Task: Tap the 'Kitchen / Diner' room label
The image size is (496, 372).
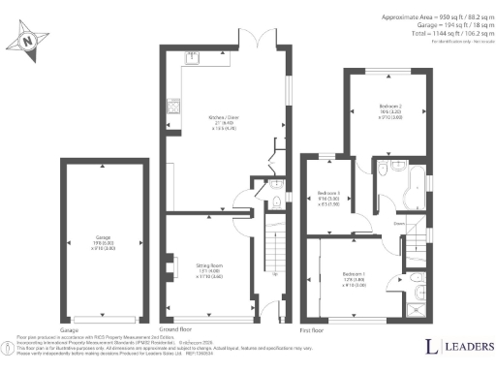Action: (x=225, y=120)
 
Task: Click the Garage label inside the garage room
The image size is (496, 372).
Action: (x=104, y=237)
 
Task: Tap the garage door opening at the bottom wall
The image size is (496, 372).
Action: (x=105, y=316)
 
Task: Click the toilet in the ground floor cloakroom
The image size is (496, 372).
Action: (x=276, y=201)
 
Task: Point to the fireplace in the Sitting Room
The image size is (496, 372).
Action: (x=170, y=265)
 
